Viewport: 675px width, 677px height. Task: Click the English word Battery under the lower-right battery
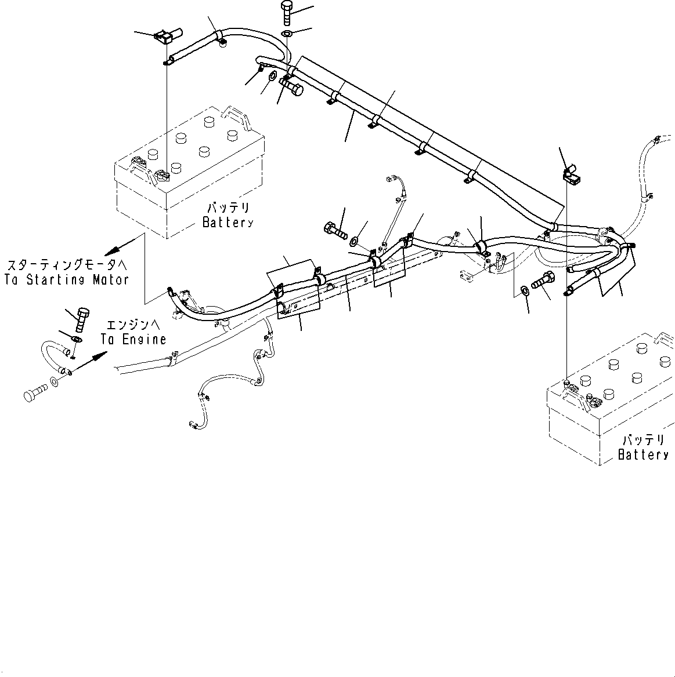point(643,455)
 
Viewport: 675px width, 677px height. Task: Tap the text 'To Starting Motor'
point(66,279)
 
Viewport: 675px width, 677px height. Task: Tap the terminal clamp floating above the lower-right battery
point(571,173)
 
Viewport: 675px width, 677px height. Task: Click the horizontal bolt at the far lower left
point(35,395)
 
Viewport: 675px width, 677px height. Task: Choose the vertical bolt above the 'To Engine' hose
point(82,318)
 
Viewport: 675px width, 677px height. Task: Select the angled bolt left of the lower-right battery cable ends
point(541,282)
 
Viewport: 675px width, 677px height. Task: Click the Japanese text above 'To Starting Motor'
point(66,265)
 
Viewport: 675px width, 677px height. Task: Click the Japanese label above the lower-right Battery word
point(643,441)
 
